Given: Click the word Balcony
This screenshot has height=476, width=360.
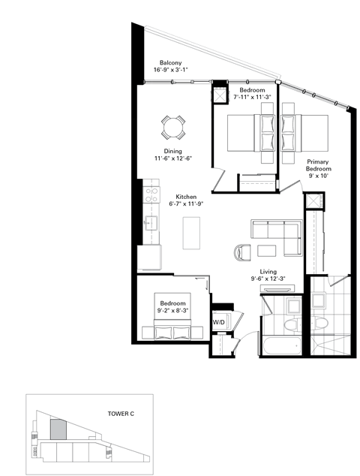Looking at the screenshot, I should pos(170,63).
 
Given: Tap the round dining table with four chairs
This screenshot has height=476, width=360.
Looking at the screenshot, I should pos(173,128).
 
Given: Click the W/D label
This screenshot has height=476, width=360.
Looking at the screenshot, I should pos(219,322).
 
